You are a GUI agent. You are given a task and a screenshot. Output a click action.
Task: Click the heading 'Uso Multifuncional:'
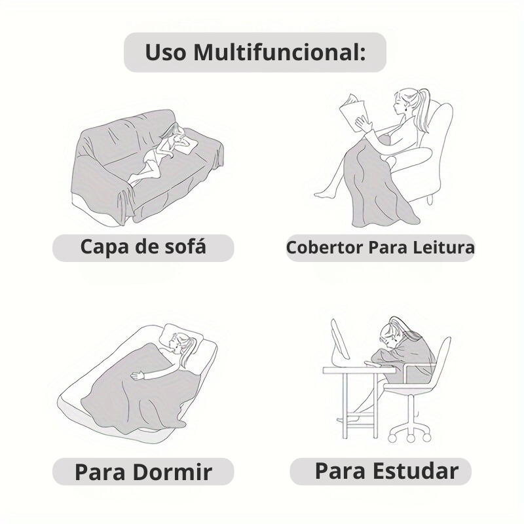click(255, 52)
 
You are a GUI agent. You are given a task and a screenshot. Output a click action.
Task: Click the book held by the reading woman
click(354, 111)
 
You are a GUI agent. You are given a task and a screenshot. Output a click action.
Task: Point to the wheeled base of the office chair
click(409, 429)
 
